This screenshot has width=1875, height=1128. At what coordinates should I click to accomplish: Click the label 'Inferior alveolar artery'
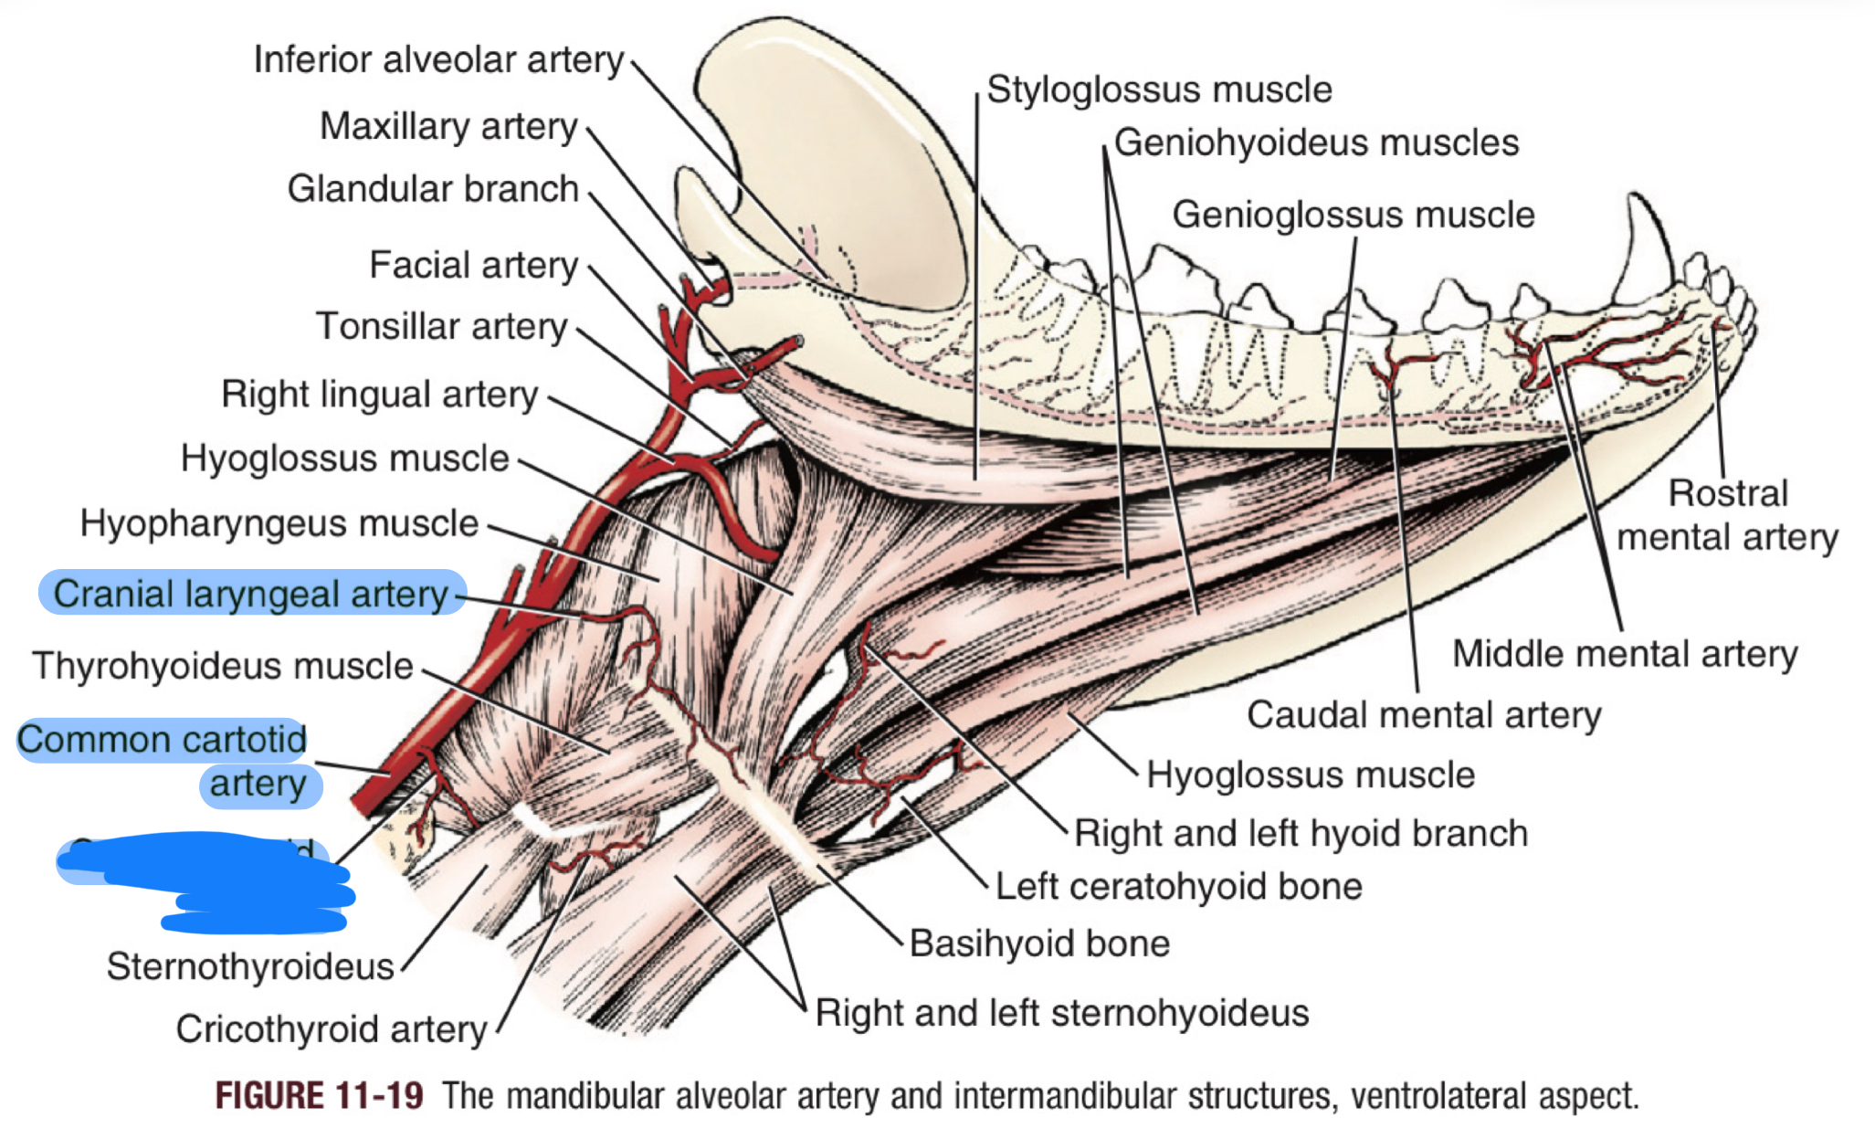point(438,60)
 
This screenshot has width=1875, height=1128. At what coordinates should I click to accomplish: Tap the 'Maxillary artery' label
point(448,127)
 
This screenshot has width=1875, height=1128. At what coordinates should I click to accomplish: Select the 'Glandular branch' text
point(433,189)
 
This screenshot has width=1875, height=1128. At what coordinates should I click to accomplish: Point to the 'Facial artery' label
point(473,266)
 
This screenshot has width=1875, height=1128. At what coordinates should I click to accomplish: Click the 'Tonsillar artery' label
point(442,327)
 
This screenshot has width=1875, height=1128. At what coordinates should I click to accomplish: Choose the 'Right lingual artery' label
point(379,395)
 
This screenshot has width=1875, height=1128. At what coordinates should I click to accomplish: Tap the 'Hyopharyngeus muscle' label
point(279,524)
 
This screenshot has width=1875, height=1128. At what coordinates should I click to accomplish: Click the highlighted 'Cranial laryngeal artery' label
point(251,594)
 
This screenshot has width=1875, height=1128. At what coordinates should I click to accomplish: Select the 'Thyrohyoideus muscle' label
point(223,666)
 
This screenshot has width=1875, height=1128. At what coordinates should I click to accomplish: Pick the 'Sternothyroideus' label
point(249,966)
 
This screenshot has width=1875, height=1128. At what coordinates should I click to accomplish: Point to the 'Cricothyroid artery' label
point(331,1029)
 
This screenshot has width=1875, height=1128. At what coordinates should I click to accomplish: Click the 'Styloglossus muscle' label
point(1159,90)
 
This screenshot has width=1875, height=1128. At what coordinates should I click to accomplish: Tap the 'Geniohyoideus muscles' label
point(1316,143)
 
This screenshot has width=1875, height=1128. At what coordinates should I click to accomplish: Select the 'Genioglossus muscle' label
point(1353,216)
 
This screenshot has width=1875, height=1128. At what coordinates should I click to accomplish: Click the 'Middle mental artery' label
point(1625,654)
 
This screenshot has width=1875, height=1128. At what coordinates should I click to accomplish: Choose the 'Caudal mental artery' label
point(1424,715)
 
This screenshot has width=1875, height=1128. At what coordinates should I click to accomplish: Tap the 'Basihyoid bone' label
point(1039,944)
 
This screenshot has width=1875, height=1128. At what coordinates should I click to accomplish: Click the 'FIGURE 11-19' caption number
point(319,1096)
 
